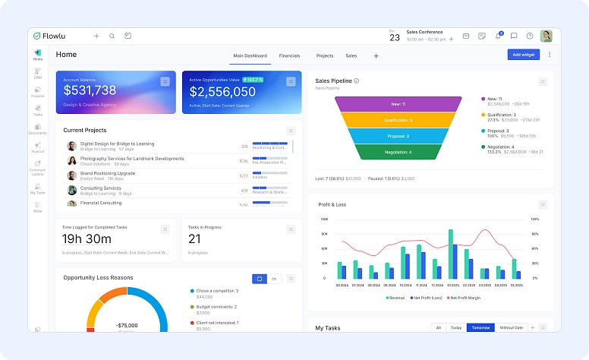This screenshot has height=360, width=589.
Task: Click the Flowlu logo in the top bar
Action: (52, 36)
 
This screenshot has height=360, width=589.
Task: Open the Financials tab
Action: (289, 55)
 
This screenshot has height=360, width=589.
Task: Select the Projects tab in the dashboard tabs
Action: (325, 55)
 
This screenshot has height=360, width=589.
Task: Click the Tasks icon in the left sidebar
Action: (37, 109)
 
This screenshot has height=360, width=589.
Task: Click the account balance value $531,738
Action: (90, 91)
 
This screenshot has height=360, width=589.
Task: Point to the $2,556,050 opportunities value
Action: (222, 92)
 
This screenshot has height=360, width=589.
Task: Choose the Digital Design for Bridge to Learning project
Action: (117, 144)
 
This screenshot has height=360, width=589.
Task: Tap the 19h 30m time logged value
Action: (87, 239)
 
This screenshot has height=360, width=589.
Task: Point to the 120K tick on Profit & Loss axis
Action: (323, 219)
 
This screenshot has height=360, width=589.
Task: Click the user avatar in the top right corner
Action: (546, 36)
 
